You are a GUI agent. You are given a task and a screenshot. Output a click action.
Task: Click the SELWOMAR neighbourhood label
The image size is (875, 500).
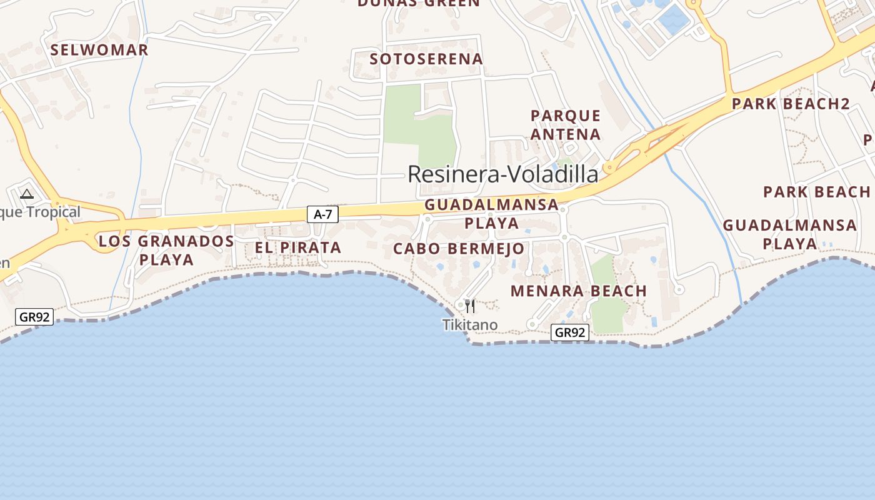click(x=99, y=50)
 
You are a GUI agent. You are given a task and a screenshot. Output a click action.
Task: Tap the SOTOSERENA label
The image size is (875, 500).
click(x=426, y=59)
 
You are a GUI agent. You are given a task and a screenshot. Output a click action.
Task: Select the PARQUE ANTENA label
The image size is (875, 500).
click(x=566, y=125)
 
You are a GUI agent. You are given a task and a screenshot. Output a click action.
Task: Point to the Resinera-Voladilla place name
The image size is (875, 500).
click(x=502, y=174)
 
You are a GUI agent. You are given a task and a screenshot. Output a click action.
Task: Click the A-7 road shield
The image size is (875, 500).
click(x=322, y=214)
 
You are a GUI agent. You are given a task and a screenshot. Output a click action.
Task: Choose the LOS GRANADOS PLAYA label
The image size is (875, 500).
click(x=166, y=250)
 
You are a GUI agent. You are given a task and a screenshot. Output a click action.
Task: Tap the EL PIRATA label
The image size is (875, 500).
click(x=298, y=247)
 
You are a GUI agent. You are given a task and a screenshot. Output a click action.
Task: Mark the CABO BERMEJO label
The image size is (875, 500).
click(x=459, y=249)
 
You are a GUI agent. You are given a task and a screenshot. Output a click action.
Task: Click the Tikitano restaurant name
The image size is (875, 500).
click(x=470, y=325)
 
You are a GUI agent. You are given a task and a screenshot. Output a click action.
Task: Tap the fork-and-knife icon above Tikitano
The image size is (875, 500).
click(x=470, y=306)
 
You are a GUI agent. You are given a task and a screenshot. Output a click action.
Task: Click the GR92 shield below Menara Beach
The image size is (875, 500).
click(x=570, y=332)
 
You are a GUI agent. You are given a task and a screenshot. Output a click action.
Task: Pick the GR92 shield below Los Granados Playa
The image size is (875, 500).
click(x=34, y=317)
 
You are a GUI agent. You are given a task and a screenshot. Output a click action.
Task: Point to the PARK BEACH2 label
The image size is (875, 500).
click(x=791, y=104)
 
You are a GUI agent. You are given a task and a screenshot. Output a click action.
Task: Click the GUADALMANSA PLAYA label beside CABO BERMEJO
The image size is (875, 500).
click(x=491, y=214)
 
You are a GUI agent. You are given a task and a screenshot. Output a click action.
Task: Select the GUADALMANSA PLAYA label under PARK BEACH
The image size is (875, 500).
click(x=789, y=234)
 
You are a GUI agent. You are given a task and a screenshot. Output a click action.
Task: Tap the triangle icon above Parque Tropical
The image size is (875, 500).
click(x=26, y=194)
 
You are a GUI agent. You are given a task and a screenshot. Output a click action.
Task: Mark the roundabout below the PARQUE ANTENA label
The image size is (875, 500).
click(x=609, y=167)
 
